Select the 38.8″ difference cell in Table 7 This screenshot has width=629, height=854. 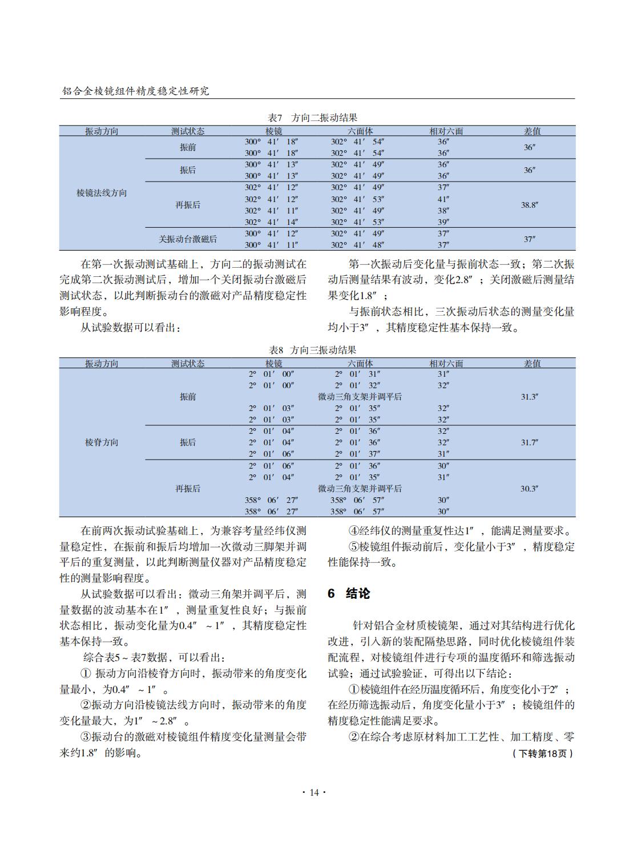529,205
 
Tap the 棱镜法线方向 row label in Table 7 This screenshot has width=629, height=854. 102,193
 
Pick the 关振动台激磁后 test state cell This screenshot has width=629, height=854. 188,239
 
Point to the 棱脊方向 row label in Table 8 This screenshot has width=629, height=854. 102,442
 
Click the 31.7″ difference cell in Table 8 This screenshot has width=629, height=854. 529,442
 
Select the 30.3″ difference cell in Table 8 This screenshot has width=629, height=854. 529,489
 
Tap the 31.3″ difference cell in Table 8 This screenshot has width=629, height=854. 529,397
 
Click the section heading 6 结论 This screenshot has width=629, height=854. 349,594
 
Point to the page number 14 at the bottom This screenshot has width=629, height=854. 314,792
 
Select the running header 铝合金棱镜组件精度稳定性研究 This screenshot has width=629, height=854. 135,91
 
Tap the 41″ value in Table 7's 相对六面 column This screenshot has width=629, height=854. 443,199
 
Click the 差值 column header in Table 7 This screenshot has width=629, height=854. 532,131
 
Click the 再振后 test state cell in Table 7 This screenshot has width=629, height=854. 188,205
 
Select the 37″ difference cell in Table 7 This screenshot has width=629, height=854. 529,239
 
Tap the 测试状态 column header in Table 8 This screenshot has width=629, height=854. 188,364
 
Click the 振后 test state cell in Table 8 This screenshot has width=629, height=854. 188,442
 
